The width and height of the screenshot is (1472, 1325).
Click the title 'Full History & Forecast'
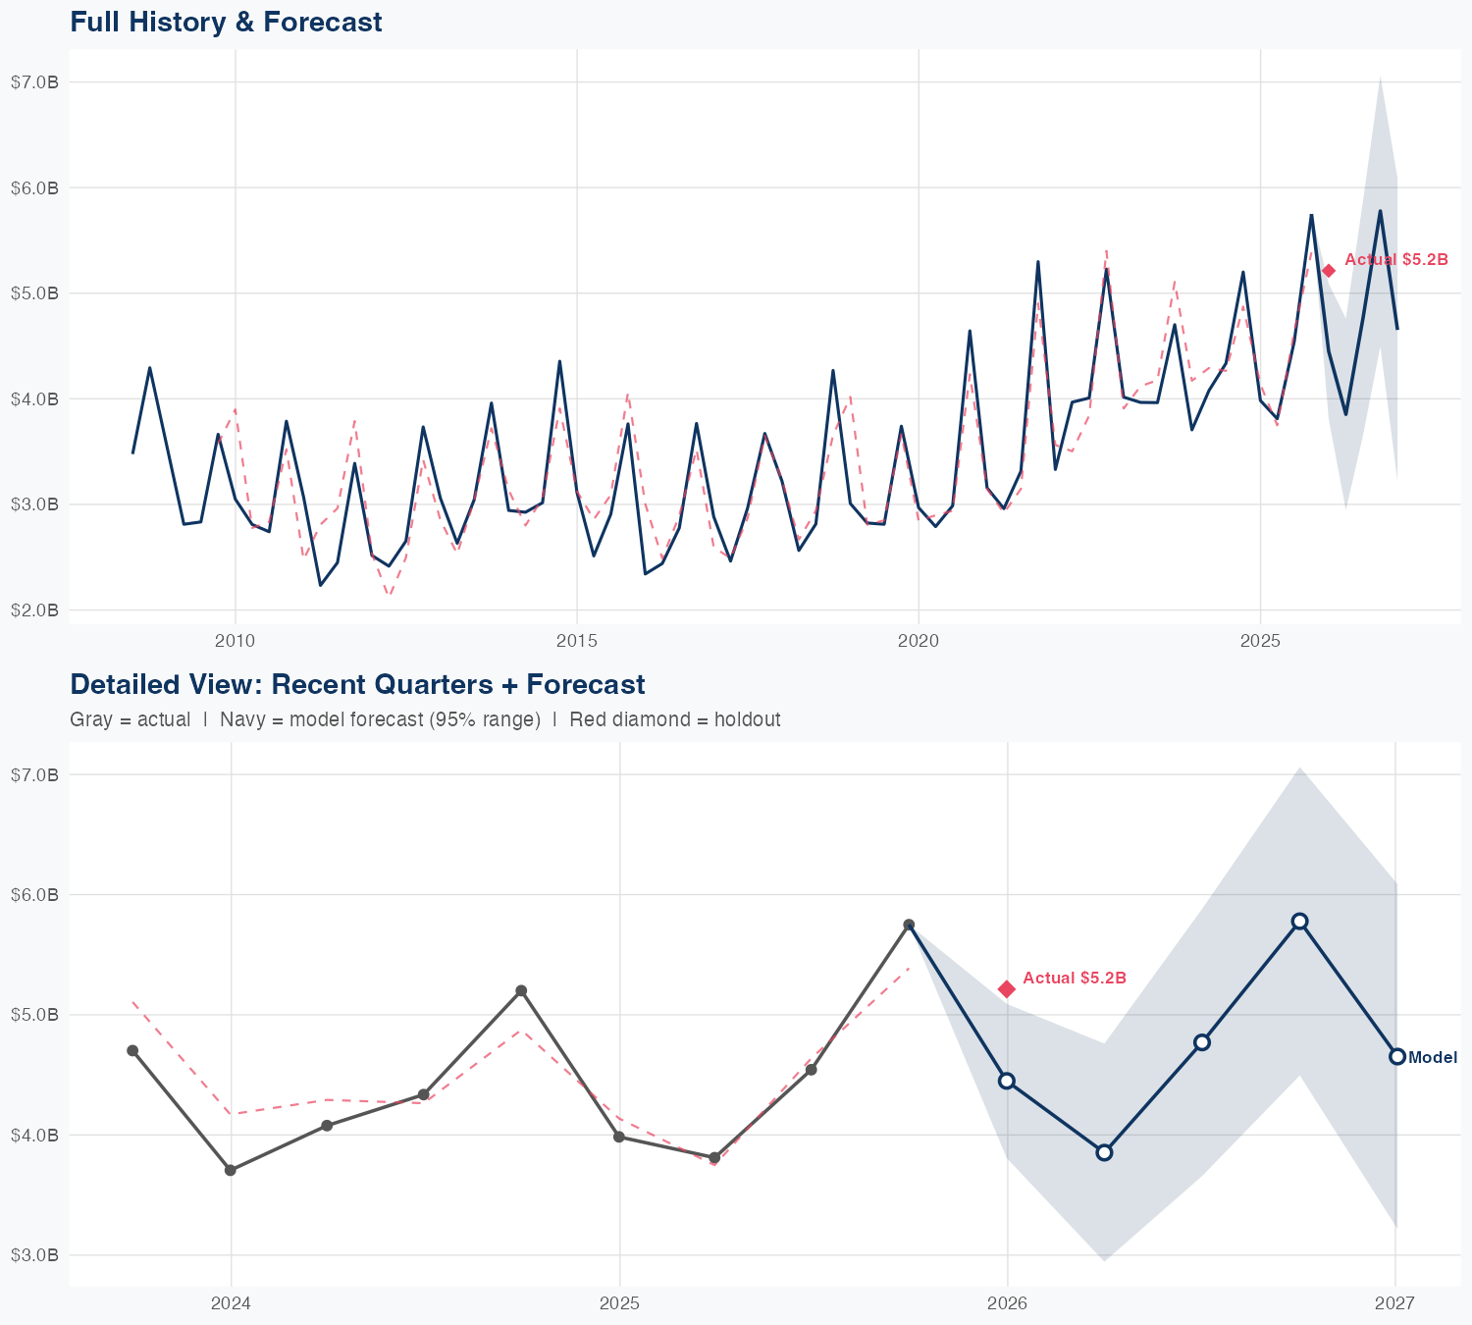[226, 22]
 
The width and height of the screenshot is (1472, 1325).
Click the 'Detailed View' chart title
[357, 684]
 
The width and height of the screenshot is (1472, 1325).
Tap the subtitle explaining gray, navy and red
[425, 719]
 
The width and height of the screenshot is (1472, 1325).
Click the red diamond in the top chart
[1328, 271]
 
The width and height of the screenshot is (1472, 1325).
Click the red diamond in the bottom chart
[1007, 988]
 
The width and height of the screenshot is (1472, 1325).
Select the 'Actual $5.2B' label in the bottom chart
[1074, 979]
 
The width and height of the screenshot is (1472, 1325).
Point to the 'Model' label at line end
[1432, 1057]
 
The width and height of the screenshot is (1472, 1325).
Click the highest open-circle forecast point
[1299, 921]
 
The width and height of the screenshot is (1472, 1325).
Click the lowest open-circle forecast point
[1104, 1152]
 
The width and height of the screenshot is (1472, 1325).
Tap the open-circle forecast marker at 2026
[1007, 1081]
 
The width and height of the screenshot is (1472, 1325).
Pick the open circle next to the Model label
[1396, 1056]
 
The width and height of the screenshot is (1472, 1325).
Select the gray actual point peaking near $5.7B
[909, 925]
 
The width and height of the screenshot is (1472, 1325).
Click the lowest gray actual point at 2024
[230, 1170]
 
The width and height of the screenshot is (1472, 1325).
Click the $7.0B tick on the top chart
[34, 82]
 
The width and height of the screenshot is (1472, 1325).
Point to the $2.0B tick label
[34, 610]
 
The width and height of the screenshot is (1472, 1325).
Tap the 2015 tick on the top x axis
[576, 642]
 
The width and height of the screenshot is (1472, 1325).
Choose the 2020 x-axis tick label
[918, 642]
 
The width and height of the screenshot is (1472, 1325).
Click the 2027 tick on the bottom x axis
[1394, 1304]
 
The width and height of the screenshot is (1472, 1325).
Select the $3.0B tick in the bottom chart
[34, 1255]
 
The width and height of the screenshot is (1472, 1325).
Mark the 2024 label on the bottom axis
[231, 1304]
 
